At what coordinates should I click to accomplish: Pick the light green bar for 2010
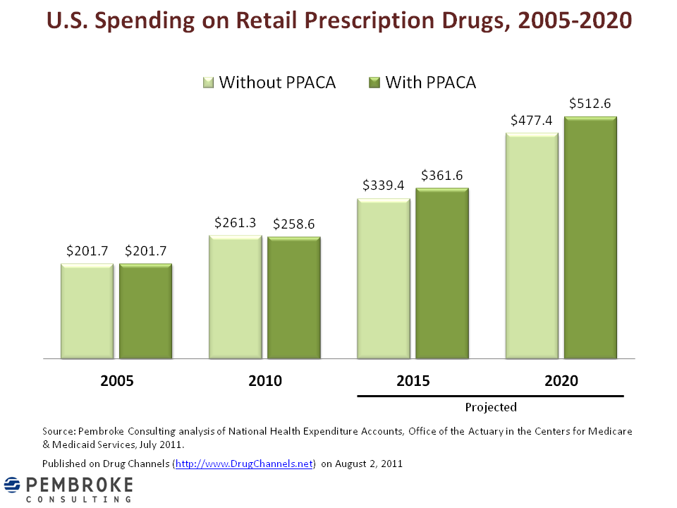click(x=235, y=297)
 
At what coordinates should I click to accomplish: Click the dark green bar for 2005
click(x=145, y=311)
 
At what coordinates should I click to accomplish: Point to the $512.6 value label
click(x=591, y=104)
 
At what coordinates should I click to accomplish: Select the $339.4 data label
click(x=384, y=186)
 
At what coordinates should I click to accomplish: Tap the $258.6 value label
click(x=293, y=224)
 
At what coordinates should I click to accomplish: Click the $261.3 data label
click(x=235, y=222)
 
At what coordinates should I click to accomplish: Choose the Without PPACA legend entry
click(x=277, y=83)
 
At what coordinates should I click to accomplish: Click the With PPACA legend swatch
click(x=374, y=83)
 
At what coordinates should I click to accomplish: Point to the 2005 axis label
click(x=117, y=381)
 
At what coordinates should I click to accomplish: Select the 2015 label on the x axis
click(x=413, y=381)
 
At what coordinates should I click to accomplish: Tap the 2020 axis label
click(x=561, y=381)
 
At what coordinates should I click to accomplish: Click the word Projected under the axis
click(x=491, y=407)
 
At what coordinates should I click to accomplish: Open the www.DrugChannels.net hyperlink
click(x=244, y=464)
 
